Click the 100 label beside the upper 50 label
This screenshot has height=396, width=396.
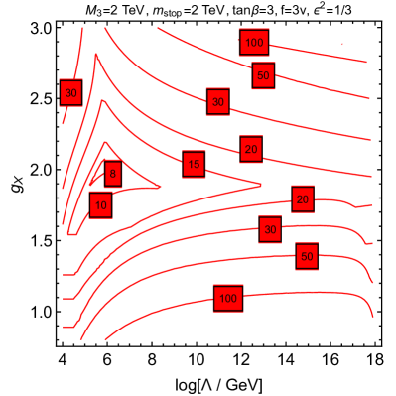click(x=254, y=42)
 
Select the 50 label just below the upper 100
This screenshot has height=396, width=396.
click(x=263, y=75)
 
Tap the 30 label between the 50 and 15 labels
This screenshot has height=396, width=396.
click(x=218, y=101)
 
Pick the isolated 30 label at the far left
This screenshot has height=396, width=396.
click(x=70, y=93)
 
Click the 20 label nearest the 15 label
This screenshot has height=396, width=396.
click(x=251, y=149)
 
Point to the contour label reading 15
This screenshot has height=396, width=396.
click(x=194, y=164)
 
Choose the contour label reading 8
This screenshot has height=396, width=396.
click(x=113, y=175)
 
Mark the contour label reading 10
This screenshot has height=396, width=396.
click(x=100, y=205)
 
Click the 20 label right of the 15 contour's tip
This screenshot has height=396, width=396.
click(x=303, y=199)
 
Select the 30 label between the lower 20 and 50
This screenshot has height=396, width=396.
click(x=270, y=230)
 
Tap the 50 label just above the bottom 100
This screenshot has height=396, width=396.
click(x=307, y=256)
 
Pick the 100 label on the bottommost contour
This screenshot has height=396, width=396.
click(x=228, y=298)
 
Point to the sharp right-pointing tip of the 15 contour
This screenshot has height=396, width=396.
click(x=261, y=184)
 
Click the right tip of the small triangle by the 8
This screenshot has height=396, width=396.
click(x=161, y=186)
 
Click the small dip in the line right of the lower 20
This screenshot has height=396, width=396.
click(x=362, y=207)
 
